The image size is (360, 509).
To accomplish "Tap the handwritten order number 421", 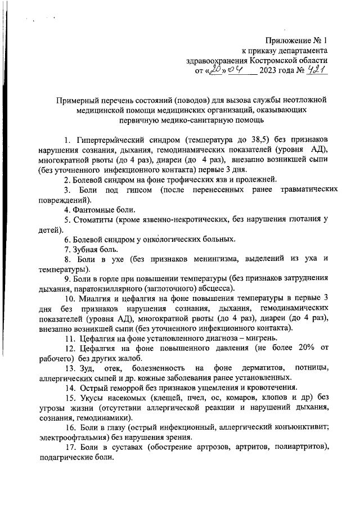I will pos(316,70).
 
